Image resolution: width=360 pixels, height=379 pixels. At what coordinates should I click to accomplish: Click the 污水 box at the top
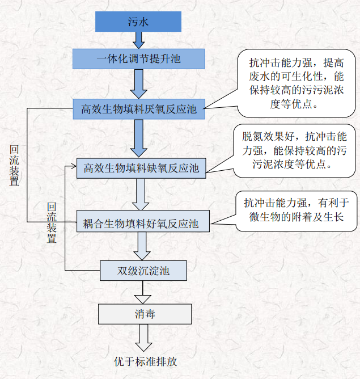click(138, 22)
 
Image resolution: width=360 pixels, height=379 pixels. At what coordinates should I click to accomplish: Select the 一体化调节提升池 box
click(138, 58)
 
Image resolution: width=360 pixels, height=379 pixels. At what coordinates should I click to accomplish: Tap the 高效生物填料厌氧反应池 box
click(138, 108)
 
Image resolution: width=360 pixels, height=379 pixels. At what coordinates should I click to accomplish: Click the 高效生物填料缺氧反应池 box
click(141, 168)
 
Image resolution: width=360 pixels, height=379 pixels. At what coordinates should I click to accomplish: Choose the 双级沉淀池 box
click(143, 271)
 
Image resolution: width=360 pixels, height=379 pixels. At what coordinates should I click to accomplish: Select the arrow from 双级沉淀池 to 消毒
click(143, 292)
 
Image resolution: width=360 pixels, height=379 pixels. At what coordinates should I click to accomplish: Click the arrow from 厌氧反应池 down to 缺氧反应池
click(138, 137)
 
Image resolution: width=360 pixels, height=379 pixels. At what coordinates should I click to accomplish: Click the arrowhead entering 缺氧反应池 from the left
click(73, 166)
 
